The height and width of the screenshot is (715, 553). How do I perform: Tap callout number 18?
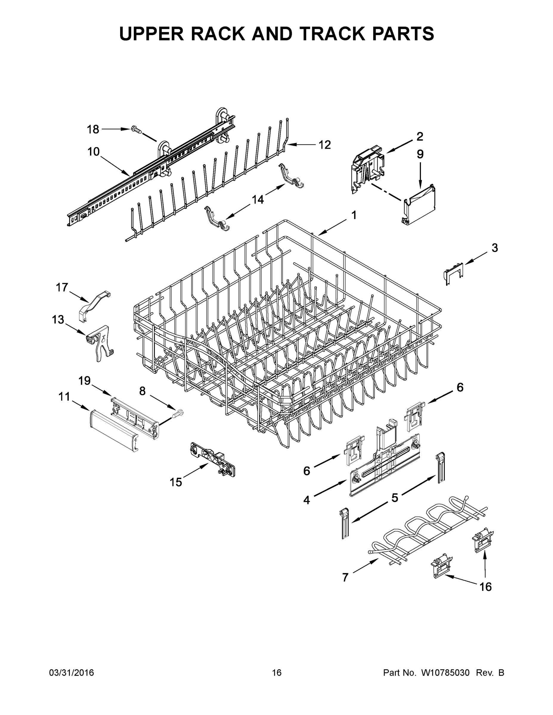pyautogui.click(x=93, y=130)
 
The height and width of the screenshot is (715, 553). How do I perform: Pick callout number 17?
pyautogui.click(x=62, y=287)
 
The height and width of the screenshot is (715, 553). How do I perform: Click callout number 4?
pyautogui.click(x=306, y=500)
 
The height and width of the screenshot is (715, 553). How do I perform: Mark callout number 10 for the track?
pyautogui.click(x=93, y=152)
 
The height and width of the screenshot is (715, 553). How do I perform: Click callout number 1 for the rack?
pyautogui.click(x=354, y=215)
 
